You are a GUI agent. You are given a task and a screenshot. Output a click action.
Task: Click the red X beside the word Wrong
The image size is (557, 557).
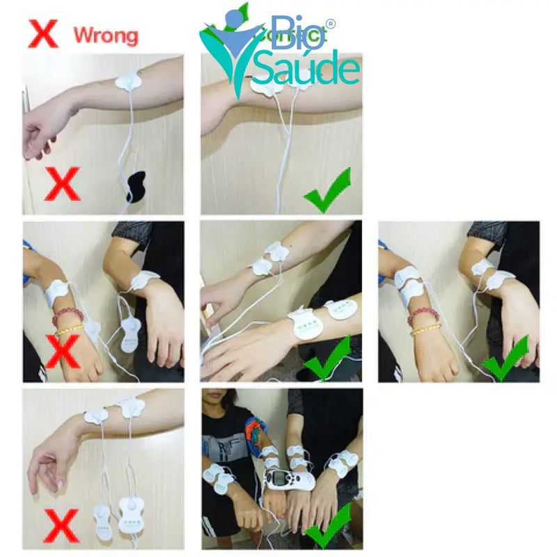(x=42, y=33)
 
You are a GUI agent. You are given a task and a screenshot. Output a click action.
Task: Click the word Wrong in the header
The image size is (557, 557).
(x=106, y=34)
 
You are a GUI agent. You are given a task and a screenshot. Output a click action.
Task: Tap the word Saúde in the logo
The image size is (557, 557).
(x=306, y=69)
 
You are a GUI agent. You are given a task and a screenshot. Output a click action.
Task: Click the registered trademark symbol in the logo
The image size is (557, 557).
(x=330, y=24)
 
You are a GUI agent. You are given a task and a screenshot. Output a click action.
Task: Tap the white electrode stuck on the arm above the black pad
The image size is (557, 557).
(x=128, y=82)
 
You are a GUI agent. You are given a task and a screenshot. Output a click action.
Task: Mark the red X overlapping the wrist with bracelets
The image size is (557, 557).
(x=62, y=352)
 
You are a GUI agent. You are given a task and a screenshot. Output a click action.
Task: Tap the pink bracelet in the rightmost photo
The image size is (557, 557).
(x=423, y=317)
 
